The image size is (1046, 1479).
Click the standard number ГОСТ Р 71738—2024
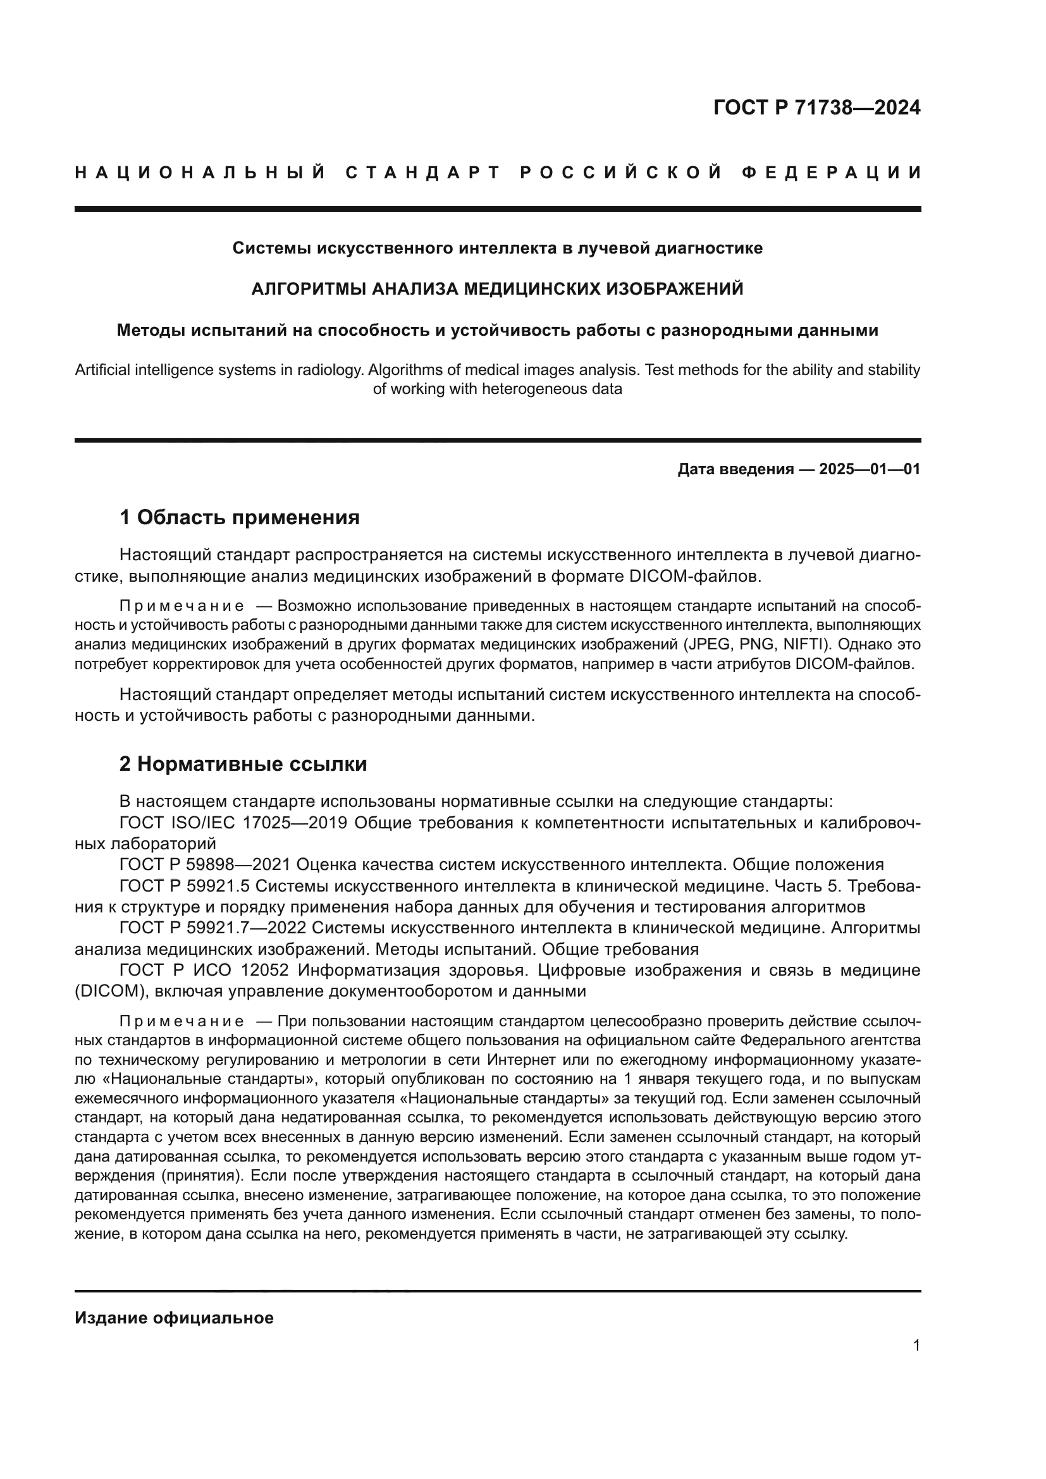(816, 107)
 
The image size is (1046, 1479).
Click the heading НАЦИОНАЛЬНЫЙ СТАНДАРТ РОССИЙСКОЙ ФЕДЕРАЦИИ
(497, 173)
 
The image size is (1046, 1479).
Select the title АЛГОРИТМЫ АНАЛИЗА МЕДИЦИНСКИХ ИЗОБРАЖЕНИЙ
(497, 288)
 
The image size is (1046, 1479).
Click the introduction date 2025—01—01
(869, 469)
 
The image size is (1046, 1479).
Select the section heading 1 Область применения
(240, 517)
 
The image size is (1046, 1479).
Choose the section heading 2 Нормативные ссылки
(243, 764)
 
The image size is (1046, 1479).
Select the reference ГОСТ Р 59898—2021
(207, 864)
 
